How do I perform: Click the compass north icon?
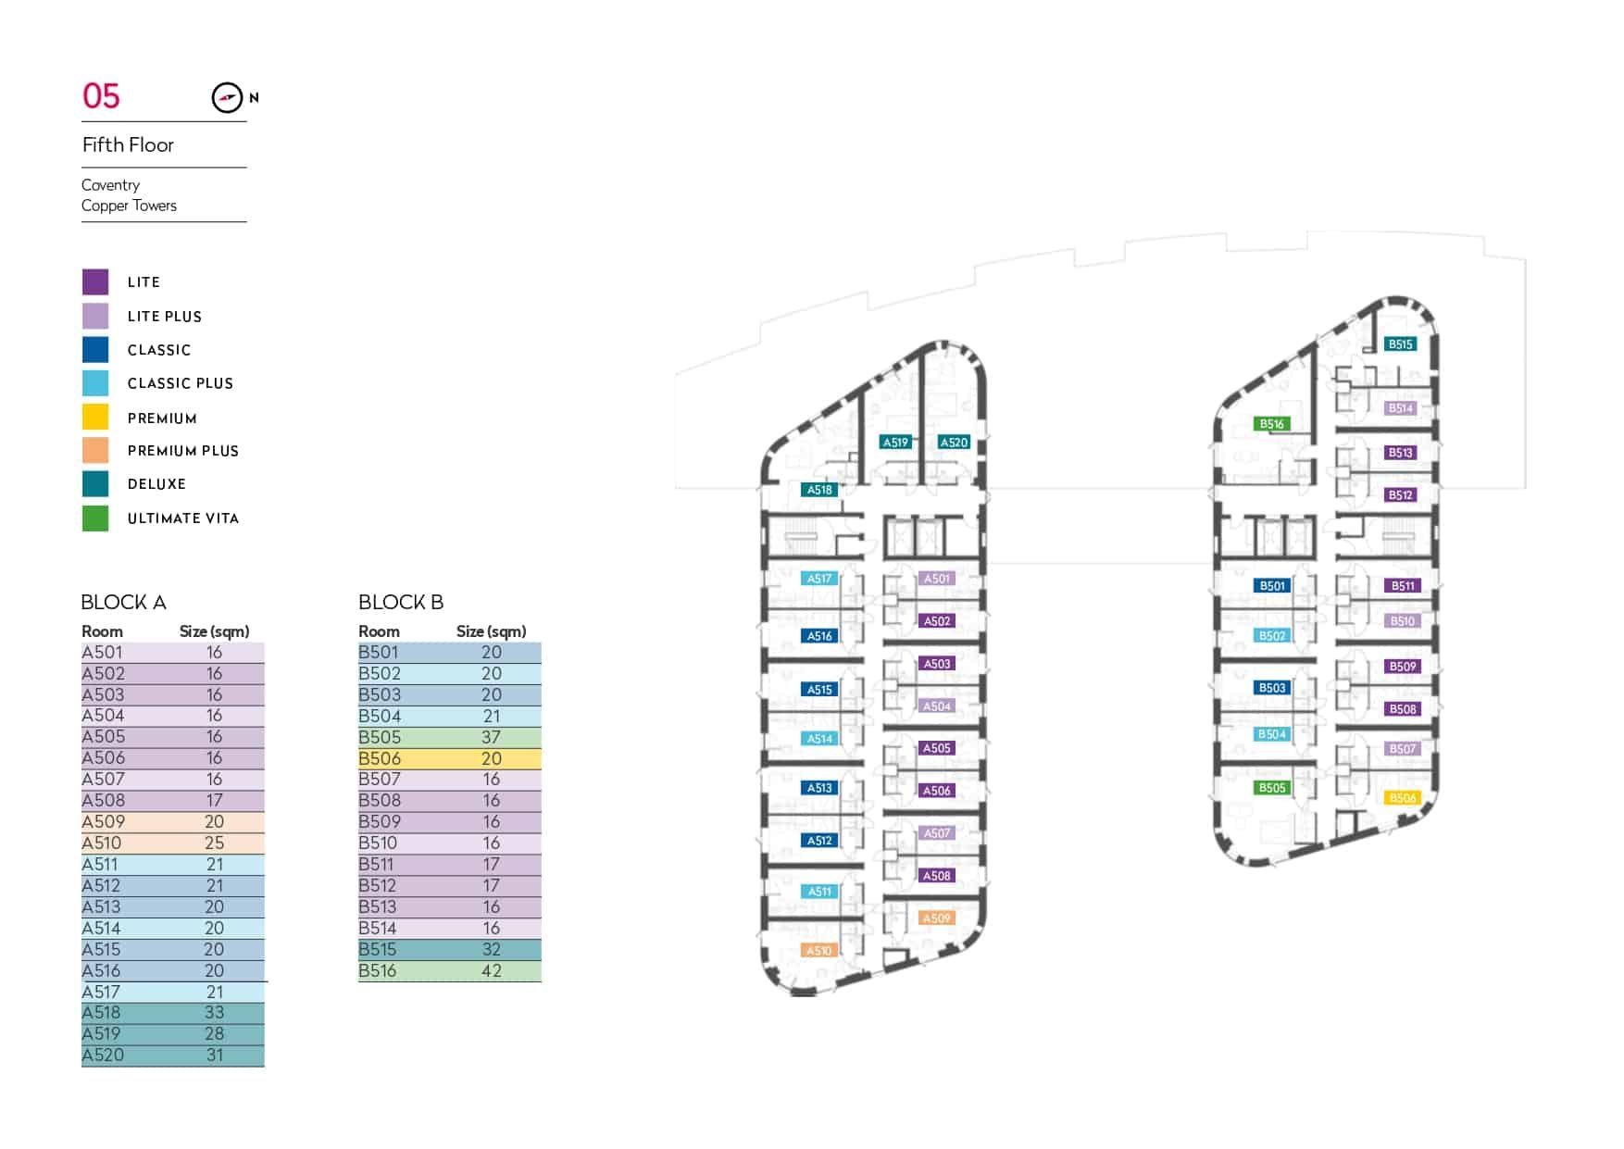coord(227,97)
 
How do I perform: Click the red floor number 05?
coord(101,96)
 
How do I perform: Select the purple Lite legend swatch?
coord(95,281)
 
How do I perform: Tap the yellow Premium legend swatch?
coord(95,417)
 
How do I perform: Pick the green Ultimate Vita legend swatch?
coord(95,518)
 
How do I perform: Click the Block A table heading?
coord(123,603)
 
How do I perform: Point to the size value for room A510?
coord(214,843)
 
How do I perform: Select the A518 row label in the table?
coord(101,1013)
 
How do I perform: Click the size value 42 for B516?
coord(491,971)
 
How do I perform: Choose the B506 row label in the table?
coord(380,758)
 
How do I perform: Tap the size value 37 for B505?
coord(491,737)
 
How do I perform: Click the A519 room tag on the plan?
coord(895,443)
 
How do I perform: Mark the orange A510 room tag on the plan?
coord(819,951)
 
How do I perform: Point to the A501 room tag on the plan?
coord(937,579)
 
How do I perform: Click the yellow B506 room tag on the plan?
coord(1403,798)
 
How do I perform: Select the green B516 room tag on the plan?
coord(1271,424)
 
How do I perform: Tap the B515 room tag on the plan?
coord(1400,344)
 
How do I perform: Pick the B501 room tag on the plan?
coord(1272,586)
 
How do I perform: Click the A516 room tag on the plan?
coord(819,636)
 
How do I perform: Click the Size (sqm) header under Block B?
coord(491,631)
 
